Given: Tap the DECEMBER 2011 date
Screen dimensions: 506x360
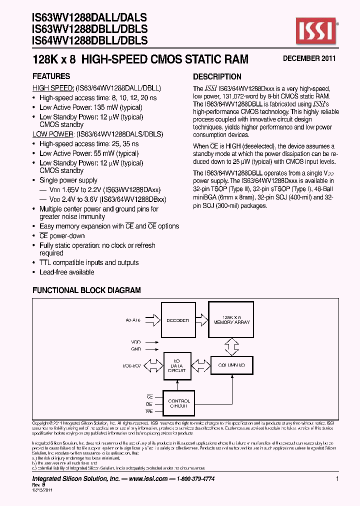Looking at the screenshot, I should point(309,58).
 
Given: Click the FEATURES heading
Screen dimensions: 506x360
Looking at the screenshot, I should point(51,76).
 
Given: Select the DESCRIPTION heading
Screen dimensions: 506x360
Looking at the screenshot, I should point(217,76).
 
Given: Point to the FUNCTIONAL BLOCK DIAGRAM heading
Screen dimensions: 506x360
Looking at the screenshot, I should point(86,290).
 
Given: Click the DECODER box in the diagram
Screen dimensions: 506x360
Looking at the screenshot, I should point(177,320).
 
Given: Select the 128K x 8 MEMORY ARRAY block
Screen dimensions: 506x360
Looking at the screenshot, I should point(231,320).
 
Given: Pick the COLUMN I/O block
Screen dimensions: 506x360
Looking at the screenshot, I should point(231,365).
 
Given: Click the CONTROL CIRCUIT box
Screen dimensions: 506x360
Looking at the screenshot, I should point(178,403).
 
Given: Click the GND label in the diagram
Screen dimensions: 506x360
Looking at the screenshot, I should point(136,348).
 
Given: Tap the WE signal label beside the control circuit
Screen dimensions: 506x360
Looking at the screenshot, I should point(149,411).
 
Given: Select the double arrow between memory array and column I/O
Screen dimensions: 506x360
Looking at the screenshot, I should point(232,345).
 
